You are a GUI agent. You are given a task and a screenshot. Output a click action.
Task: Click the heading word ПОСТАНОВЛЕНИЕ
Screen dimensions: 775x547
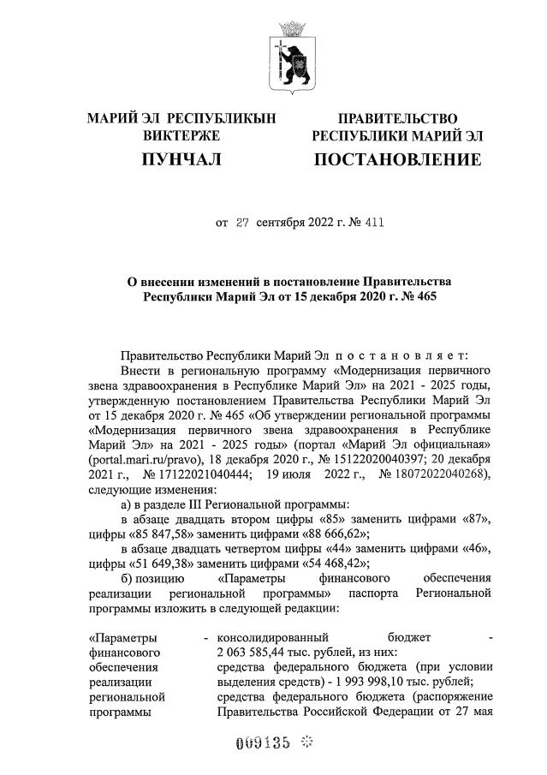pos(396,159)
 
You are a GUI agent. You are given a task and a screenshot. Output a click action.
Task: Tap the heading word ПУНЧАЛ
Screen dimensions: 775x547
pos(181,159)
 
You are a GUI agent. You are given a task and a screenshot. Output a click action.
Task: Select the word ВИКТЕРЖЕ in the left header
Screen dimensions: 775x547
pos(181,135)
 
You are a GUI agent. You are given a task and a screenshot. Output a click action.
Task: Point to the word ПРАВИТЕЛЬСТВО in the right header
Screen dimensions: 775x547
pos(397,118)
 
